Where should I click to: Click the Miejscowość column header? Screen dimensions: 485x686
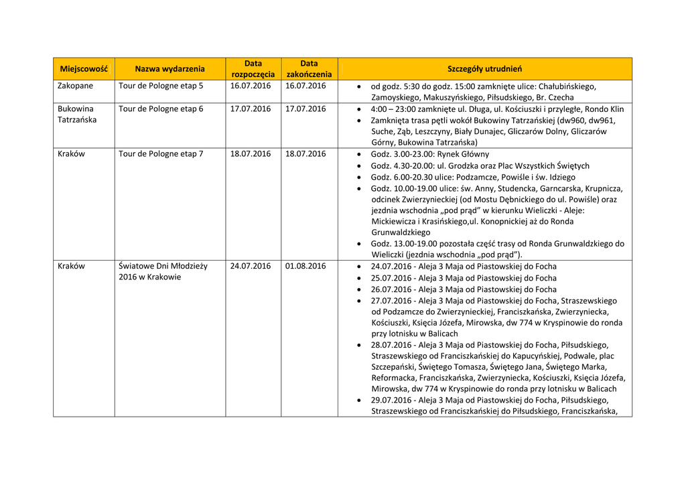click(x=84, y=69)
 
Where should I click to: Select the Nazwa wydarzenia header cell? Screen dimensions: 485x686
click(x=169, y=69)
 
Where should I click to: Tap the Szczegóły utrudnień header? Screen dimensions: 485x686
click(x=484, y=69)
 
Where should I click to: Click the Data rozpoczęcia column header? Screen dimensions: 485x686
click(x=253, y=69)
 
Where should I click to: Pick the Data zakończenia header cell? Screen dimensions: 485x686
click(x=309, y=69)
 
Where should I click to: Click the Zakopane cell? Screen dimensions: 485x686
click(x=75, y=86)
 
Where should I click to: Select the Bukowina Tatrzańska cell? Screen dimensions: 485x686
click(x=76, y=114)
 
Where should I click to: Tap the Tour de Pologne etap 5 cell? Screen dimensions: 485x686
click(x=161, y=86)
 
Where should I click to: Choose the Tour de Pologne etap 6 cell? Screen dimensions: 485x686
click(x=161, y=109)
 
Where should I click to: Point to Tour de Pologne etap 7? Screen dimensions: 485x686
click(x=161, y=154)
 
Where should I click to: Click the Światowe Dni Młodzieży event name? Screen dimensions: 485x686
click(x=163, y=271)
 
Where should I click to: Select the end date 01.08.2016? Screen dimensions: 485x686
click(x=305, y=266)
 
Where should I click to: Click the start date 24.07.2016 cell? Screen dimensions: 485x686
click(x=251, y=266)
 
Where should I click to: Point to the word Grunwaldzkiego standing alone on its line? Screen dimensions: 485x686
click(x=401, y=232)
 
